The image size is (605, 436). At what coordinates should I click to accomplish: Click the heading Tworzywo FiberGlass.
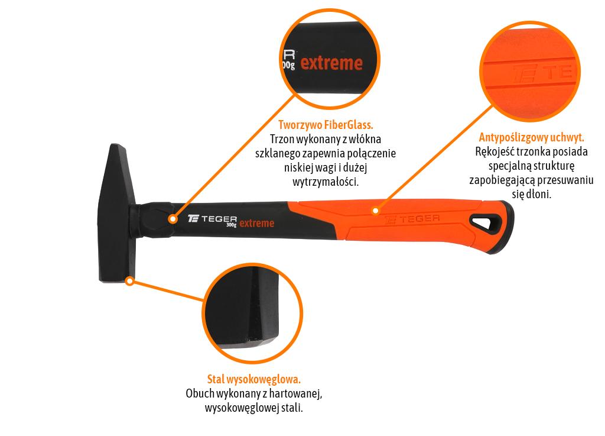[x=326, y=125]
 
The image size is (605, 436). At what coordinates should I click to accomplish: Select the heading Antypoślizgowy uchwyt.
[x=531, y=137]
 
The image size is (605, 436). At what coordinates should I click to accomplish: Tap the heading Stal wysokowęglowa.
[x=254, y=379]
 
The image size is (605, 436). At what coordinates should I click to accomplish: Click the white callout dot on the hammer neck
[x=173, y=219]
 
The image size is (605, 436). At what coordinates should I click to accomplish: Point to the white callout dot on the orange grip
[x=375, y=211]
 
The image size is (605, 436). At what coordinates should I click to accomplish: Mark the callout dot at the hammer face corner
[x=130, y=281]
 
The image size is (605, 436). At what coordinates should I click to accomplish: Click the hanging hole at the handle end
[x=486, y=224]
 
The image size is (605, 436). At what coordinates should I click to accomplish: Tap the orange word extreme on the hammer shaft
[x=257, y=223]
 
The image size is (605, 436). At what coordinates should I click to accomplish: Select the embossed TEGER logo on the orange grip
[x=412, y=219]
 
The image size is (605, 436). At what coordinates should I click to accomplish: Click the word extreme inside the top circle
[x=331, y=63]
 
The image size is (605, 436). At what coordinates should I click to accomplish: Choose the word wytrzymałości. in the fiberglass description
[x=326, y=182]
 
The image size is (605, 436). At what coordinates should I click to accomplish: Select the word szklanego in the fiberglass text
[x=278, y=154]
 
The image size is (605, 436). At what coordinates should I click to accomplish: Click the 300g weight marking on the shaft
[x=231, y=225]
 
